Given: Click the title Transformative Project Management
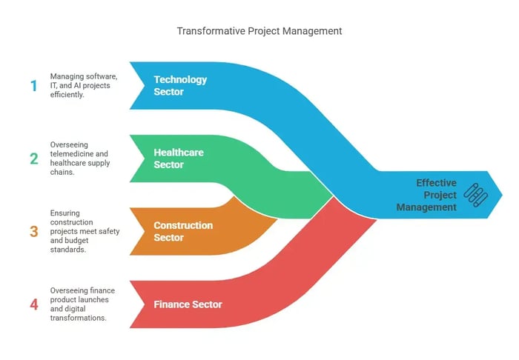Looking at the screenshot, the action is (x=259, y=31).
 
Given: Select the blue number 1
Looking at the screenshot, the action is (x=34, y=86).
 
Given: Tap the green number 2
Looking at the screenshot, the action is (x=34, y=159).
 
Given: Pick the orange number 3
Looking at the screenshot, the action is (x=34, y=231).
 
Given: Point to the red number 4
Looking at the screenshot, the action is (x=34, y=304).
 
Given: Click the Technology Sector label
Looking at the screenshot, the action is (x=180, y=86).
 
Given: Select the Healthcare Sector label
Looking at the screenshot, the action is (x=179, y=159).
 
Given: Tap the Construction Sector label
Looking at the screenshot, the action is (x=183, y=231).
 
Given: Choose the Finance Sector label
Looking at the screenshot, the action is (x=188, y=304).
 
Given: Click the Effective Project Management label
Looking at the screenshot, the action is (x=426, y=195).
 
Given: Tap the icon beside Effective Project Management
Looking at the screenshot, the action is (x=476, y=195).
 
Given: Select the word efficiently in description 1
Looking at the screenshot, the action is (x=67, y=95).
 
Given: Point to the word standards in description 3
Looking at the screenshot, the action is (x=68, y=250).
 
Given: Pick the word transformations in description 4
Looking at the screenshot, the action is (x=78, y=318).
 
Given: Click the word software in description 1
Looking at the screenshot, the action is (x=104, y=76).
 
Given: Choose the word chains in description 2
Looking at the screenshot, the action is (x=62, y=172).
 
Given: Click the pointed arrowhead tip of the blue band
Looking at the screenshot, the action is (x=502, y=195).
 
